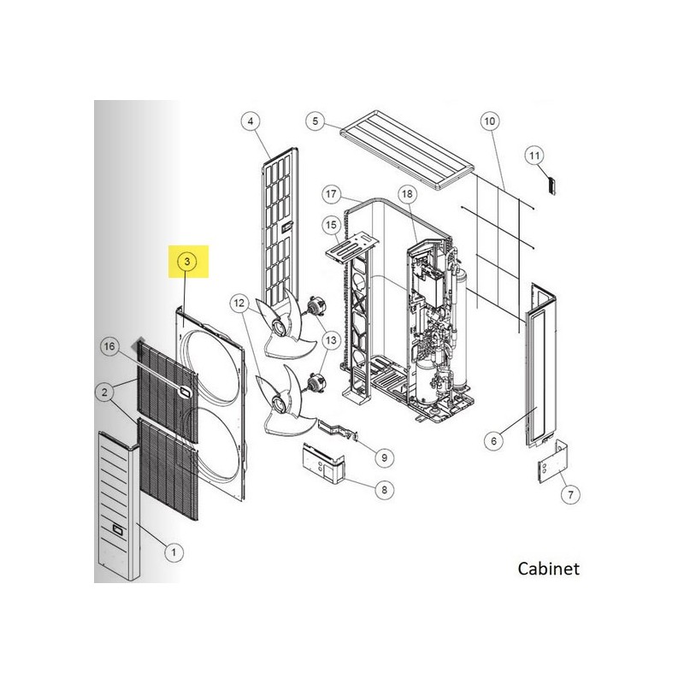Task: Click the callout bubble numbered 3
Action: tap(187, 262)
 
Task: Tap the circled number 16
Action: tap(109, 346)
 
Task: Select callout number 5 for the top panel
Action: tap(315, 121)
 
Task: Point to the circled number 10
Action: tap(490, 121)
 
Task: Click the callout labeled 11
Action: tap(534, 156)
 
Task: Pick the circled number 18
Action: tap(407, 194)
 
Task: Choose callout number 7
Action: tap(570, 494)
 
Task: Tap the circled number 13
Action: tap(331, 339)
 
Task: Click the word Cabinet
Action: tap(548, 569)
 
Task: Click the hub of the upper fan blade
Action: tap(279, 326)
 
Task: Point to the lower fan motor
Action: tap(313, 382)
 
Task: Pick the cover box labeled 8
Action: tap(323, 463)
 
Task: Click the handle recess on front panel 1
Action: tap(118, 530)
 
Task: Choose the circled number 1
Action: tap(174, 552)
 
